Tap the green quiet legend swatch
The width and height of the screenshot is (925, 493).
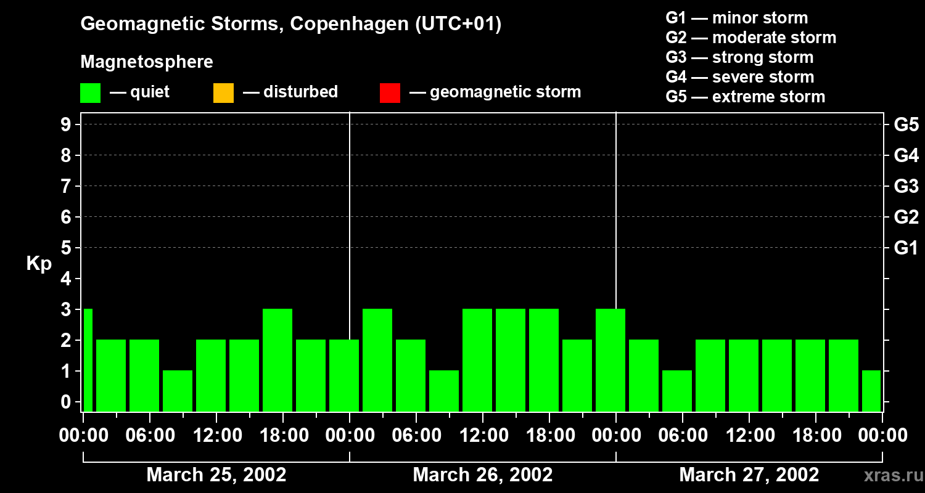tap(90, 92)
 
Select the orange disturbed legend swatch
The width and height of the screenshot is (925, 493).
tap(223, 92)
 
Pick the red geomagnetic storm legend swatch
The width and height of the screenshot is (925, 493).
tap(390, 92)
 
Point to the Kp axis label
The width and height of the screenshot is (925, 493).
tap(39, 264)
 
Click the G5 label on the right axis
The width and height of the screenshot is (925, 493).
tap(906, 125)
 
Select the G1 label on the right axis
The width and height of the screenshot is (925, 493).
tap(906, 248)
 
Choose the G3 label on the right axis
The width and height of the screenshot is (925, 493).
tap(906, 187)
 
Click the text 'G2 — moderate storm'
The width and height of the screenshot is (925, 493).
tap(750, 38)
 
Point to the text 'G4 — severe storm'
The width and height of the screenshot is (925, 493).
tap(739, 77)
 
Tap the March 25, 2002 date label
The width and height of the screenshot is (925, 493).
tap(216, 475)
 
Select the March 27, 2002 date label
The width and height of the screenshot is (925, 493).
tap(749, 475)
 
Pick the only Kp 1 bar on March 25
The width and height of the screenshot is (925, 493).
tap(178, 391)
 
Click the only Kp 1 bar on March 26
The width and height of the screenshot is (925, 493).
tap(444, 391)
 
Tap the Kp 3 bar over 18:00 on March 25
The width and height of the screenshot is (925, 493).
tap(277, 360)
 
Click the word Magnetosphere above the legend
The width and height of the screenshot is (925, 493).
tap(147, 62)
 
